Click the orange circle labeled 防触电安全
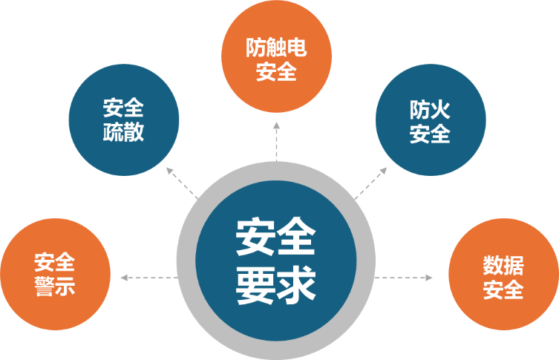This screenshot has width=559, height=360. point(276,60)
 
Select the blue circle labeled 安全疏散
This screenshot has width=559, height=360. point(124,120)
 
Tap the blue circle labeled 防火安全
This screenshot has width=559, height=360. point(431,121)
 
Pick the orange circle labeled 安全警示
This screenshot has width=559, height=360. point(55,274)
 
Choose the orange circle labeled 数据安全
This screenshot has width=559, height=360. point(503,275)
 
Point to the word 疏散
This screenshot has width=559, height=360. point(124,133)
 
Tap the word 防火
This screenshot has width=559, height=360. point(431,109)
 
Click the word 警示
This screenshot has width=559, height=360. point(55,287)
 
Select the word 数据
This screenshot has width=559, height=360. point(503,264)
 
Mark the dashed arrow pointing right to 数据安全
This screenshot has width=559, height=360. point(405,278)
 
